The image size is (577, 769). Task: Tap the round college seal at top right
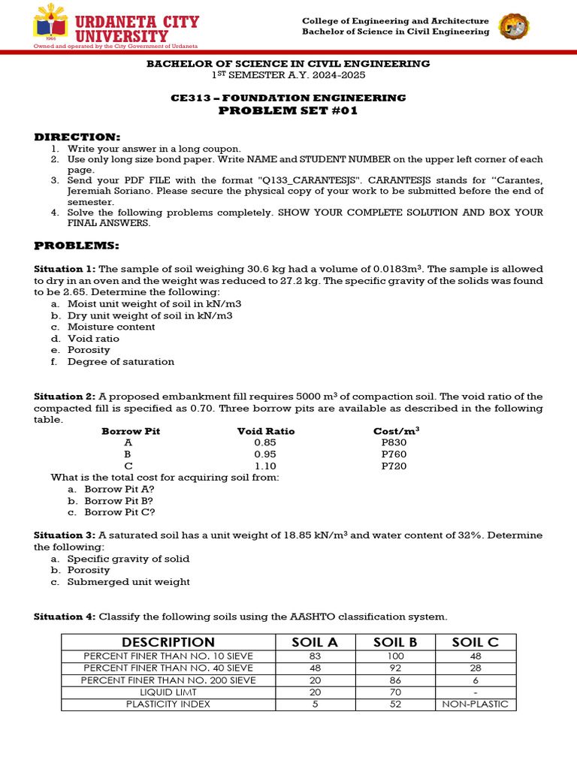[514, 27]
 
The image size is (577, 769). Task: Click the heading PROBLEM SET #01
[288, 111]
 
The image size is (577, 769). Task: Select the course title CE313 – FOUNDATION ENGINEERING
[288, 98]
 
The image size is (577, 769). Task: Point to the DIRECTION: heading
[77, 137]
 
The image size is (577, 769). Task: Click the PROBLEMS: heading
[77, 246]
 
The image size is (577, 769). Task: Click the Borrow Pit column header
[131, 431]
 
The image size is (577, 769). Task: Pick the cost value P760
[394, 454]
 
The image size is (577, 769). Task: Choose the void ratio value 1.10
[265, 466]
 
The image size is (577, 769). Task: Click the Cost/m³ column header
[396, 431]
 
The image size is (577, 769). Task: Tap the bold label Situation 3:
[65, 535]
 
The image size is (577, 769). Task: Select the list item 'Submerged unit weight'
[128, 582]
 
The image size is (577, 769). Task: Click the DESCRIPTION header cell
[168, 642]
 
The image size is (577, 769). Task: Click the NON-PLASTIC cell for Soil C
[475, 704]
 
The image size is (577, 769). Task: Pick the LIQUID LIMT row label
[168, 692]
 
